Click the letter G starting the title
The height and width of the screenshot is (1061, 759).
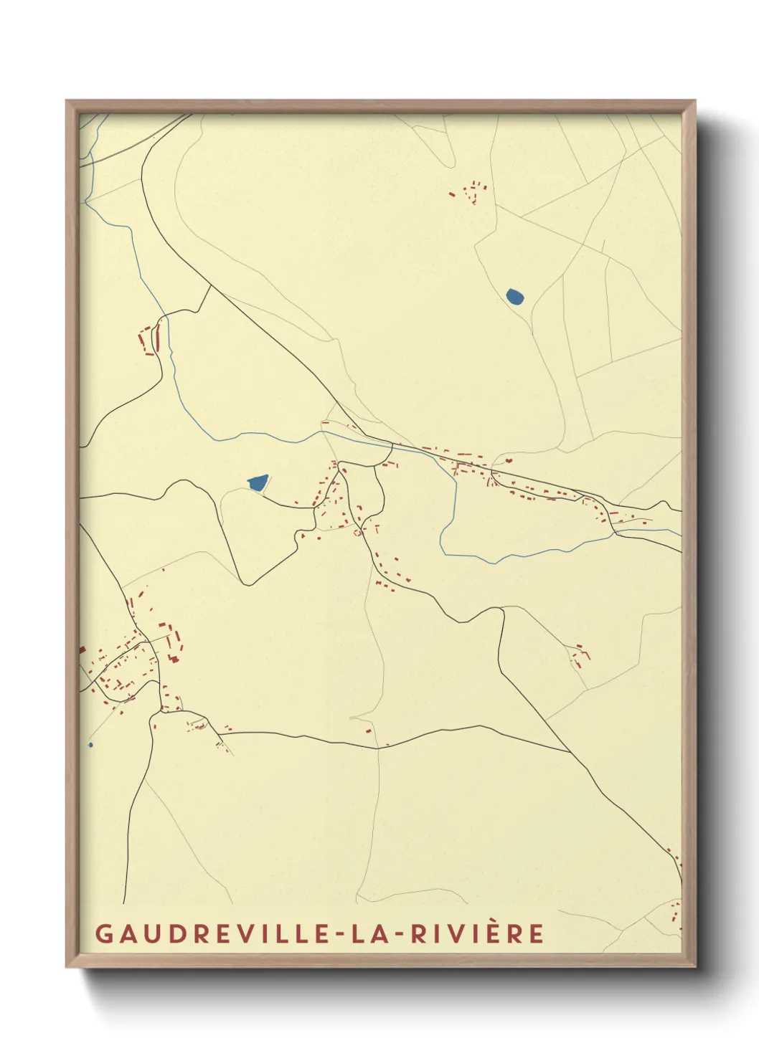103,933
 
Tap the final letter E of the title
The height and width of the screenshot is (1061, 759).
537,933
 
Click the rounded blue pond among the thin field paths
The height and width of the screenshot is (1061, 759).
514,296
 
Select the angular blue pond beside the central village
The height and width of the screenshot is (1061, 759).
257,483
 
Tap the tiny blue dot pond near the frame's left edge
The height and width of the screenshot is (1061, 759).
90,745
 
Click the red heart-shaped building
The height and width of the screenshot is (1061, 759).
509,461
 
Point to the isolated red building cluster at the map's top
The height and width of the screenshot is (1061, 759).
472,192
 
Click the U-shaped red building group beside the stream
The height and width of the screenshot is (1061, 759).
148,338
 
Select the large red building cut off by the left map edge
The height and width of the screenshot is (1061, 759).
82,650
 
